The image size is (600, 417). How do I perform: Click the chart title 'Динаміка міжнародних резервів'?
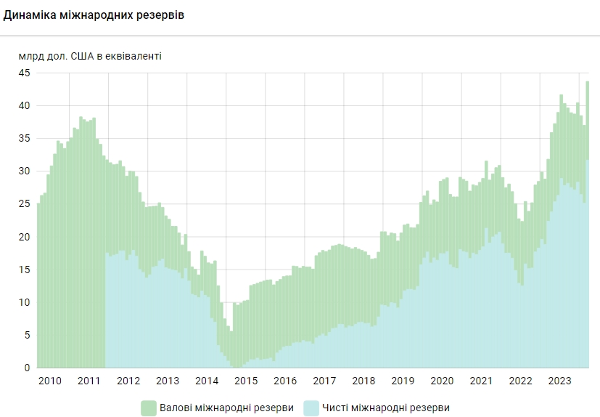pyautogui.click(x=94, y=15)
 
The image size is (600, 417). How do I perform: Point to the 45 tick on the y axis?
pyautogui.click(x=24, y=73)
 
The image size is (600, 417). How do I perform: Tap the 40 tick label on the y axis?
pyautogui.click(x=24, y=105)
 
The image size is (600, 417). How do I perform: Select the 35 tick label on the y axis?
pyautogui.click(x=24, y=138)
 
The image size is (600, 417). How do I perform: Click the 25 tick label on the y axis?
pyautogui.click(x=24, y=204)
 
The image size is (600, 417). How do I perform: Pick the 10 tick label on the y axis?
pyautogui.click(x=24, y=302)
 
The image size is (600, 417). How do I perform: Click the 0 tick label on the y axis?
pyautogui.click(x=27, y=368)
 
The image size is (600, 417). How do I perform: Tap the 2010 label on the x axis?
pyautogui.click(x=49, y=381)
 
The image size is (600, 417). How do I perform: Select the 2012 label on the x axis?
pyautogui.click(x=128, y=381)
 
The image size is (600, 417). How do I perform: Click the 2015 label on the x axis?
pyautogui.click(x=246, y=381)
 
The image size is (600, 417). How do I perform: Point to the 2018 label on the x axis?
pyautogui.click(x=363, y=381)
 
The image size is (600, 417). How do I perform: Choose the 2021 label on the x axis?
pyautogui.click(x=482, y=381)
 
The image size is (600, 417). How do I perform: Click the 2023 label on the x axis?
pyautogui.click(x=560, y=381)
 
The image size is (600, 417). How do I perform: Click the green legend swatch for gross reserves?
pyautogui.click(x=149, y=408)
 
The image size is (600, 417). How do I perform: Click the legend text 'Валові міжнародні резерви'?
pyautogui.click(x=228, y=408)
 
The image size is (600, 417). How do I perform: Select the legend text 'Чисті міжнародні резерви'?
pyautogui.click(x=387, y=408)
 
